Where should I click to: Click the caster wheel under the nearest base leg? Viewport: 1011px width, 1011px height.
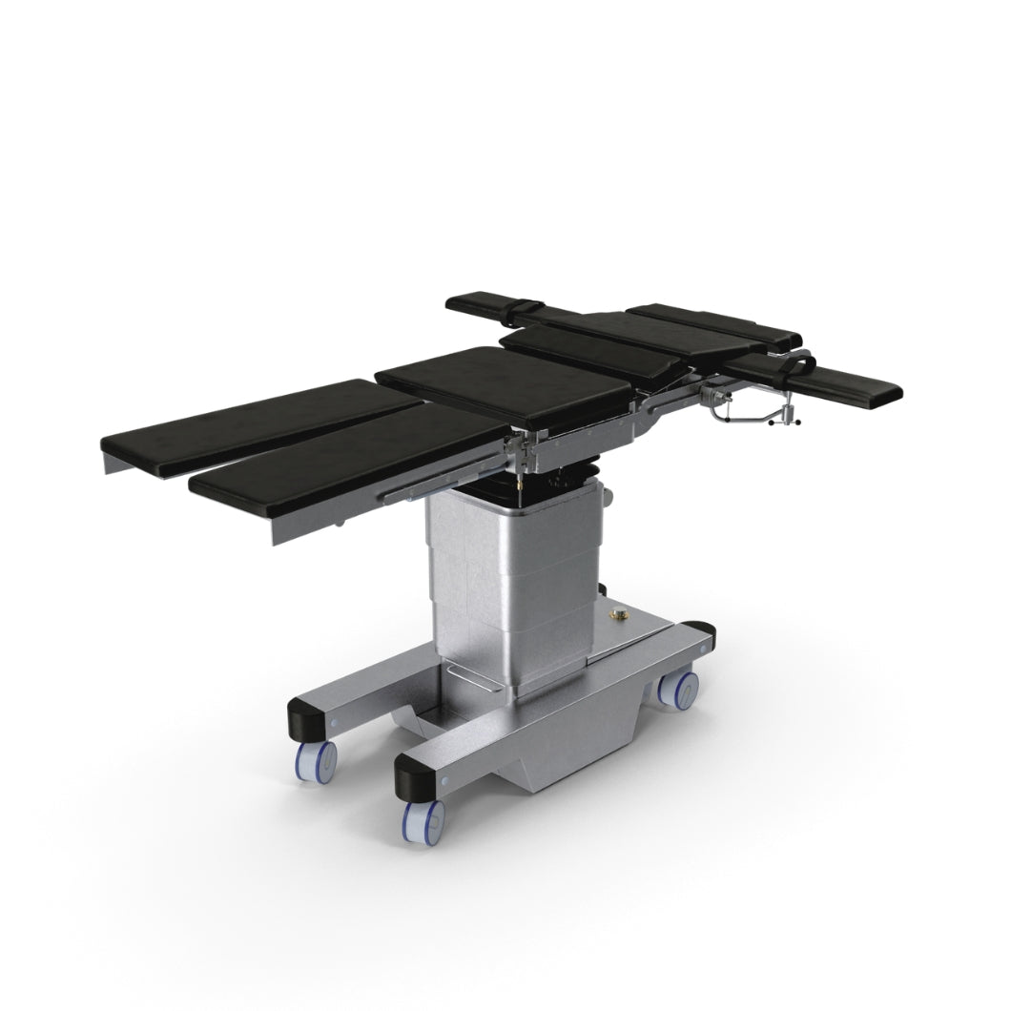tap(423, 820)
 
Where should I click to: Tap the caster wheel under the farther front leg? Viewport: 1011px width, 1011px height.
tap(316, 760)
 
